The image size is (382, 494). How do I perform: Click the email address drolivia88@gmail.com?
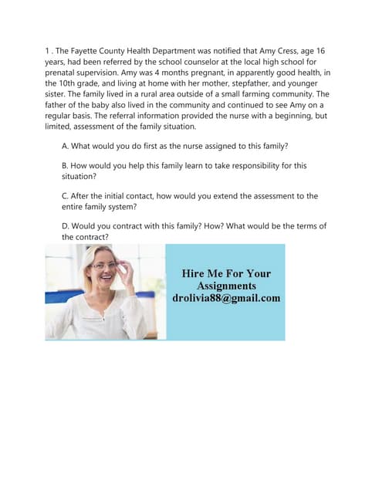click(x=225, y=298)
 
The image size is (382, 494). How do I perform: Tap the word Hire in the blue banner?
click(x=195, y=273)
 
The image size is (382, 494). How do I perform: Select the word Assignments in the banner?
click(x=225, y=286)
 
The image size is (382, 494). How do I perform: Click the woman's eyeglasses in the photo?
click(x=105, y=265)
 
